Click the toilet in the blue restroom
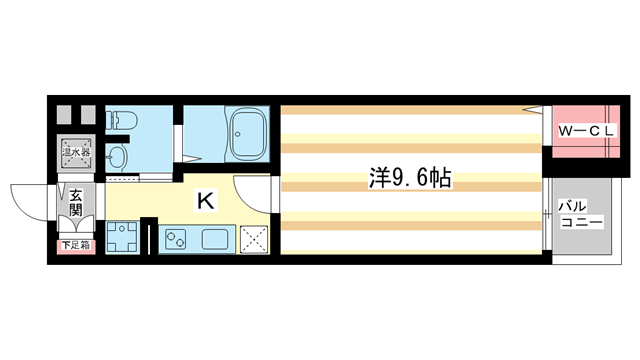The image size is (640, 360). pos(122,120)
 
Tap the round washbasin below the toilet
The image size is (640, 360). pos(117,156)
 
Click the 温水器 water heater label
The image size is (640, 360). pos(76,153)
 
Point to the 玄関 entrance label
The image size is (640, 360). pos(76,202)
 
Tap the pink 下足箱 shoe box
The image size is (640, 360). pos(76,246)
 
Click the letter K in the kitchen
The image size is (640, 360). pos(205,201)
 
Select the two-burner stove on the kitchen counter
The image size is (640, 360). pos(176,239)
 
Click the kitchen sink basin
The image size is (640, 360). pos(215,239)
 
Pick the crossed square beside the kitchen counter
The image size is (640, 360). pos(254,239)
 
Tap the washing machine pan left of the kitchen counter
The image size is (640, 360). pos(122,237)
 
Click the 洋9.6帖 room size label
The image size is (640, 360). pos(410,178)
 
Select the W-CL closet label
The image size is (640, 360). pos(586,131)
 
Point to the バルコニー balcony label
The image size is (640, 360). pos(581,214)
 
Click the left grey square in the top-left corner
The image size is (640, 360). pos(64,115)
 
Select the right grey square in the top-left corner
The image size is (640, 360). pos(88,115)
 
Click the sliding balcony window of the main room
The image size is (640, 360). pos(547,215)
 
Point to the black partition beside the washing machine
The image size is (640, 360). pos(149,237)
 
